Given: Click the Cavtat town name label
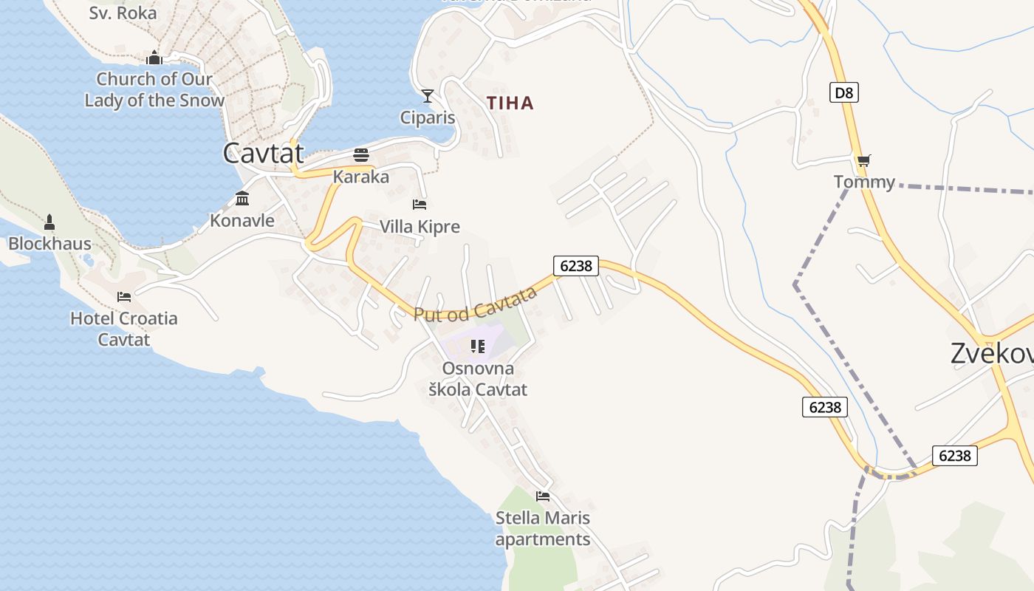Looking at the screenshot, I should pos(264,153).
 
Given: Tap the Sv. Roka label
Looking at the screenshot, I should pos(123,13).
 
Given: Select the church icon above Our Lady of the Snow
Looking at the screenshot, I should pos(154,58).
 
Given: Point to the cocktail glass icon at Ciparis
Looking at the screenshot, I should pos(428,96).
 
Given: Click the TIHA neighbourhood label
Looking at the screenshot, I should pos(510,103).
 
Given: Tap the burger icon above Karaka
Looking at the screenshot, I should pos(361,155).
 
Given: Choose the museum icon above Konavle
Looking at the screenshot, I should pos(242,198).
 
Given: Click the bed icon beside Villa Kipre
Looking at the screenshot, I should pos(420,204).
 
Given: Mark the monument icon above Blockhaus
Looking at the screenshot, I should pos(49,222).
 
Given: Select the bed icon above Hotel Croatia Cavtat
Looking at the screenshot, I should pos(124,297).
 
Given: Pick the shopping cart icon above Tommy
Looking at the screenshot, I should pos(863,160).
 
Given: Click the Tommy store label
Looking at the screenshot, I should pos(864,182).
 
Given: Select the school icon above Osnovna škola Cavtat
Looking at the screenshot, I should pos(478,346).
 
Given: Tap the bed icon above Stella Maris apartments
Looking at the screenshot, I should pos(543,496).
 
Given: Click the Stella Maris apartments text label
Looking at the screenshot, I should pos(543,528).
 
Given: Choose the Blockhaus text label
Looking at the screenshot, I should pos(49,244).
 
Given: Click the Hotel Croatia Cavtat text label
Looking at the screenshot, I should pos(124,329).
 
